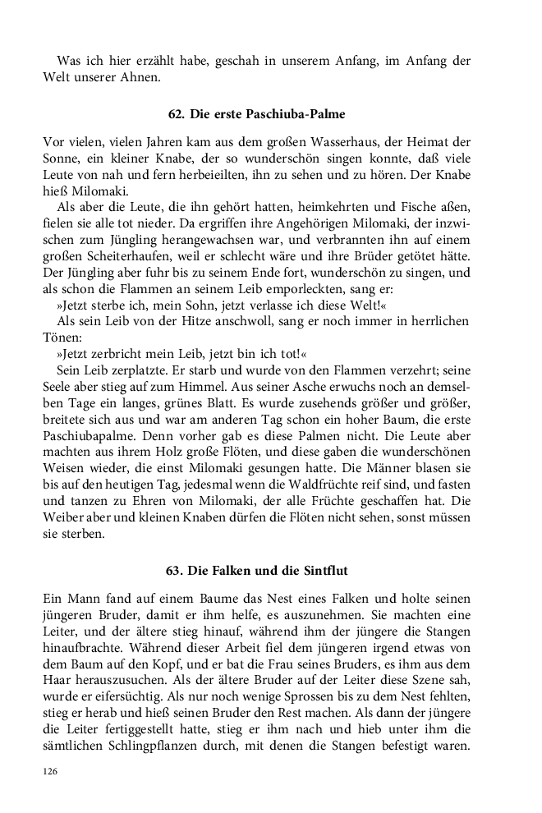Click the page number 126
[51, 772]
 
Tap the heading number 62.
[174, 113]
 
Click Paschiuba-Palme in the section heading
[296, 113]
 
